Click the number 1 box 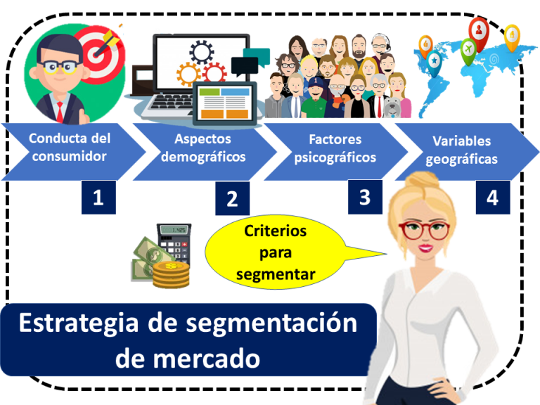coord(98,198)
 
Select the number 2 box coord(232,200)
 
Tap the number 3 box coord(364,196)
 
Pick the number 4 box coord(492,198)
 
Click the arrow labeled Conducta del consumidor coord(69,148)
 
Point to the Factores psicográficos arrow coord(335,148)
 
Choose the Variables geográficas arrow coord(464,150)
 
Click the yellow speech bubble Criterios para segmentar coord(275,252)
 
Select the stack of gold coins coord(171,274)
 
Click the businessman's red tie coord(61,109)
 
